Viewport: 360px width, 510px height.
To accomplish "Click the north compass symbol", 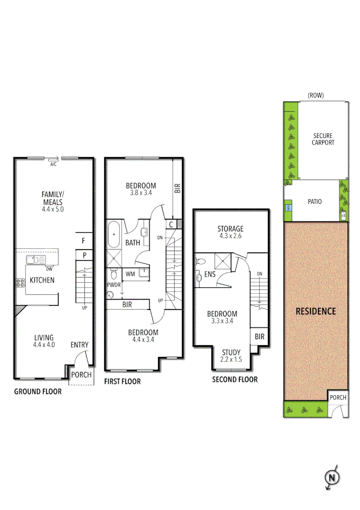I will pyautogui.click(x=332, y=478).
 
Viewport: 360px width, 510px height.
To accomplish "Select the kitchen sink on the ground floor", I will pyautogui.click(x=35, y=259).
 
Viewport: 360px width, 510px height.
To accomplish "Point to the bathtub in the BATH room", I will pyautogui.click(x=114, y=235).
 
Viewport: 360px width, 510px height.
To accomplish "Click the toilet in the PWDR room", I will pyautogui.click(x=113, y=274).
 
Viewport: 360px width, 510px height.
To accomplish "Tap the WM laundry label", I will pyautogui.click(x=130, y=273).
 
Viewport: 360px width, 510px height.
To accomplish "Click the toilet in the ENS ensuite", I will pyautogui.click(x=200, y=261).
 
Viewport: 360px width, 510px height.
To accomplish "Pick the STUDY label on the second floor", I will pyautogui.click(x=231, y=352).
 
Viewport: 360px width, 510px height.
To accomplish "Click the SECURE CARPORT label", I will pyautogui.click(x=323, y=139).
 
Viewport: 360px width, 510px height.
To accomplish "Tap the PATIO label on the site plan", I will pyautogui.click(x=315, y=202).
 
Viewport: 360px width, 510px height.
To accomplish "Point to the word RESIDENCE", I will pyautogui.click(x=316, y=311).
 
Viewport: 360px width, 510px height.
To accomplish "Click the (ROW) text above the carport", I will pyautogui.click(x=316, y=95).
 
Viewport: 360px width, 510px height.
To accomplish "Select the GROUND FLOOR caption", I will pyautogui.click(x=38, y=391).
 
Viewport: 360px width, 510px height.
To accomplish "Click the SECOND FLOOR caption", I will pyautogui.click(x=234, y=379).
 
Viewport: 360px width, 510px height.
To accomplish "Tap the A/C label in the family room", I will pyautogui.click(x=53, y=164).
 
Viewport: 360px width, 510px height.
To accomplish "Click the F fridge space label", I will pyautogui.click(x=83, y=240).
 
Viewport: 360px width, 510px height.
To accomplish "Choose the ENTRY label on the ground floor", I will pyautogui.click(x=79, y=345).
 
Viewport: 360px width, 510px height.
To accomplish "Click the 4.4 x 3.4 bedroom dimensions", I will pyautogui.click(x=143, y=339).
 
